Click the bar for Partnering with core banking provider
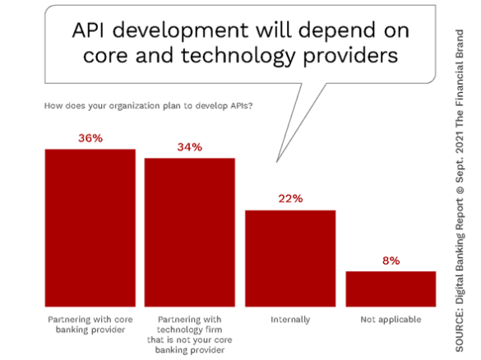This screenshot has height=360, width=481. [x=90, y=228]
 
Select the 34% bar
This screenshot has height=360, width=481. [x=190, y=233]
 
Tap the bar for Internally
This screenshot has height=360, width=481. [x=290, y=259]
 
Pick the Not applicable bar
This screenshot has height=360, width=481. [x=391, y=288]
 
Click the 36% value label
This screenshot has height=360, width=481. [x=90, y=138]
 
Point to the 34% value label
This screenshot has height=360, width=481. [x=190, y=147]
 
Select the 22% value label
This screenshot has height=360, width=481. [x=290, y=199]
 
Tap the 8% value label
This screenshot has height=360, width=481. [x=391, y=261]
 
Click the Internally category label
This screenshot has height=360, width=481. [x=290, y=320]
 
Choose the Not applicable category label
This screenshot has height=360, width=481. [x=391, y=320]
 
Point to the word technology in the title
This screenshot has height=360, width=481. [x=238, y=57]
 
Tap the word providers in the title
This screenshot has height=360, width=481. [x=350, y=57]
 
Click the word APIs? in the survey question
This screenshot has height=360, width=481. [x=241, y=106]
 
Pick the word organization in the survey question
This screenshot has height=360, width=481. [x=134, y=106]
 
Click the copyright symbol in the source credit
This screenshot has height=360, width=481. [x=460, y=189]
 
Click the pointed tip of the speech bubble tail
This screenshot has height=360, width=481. [x=277, y=162]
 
